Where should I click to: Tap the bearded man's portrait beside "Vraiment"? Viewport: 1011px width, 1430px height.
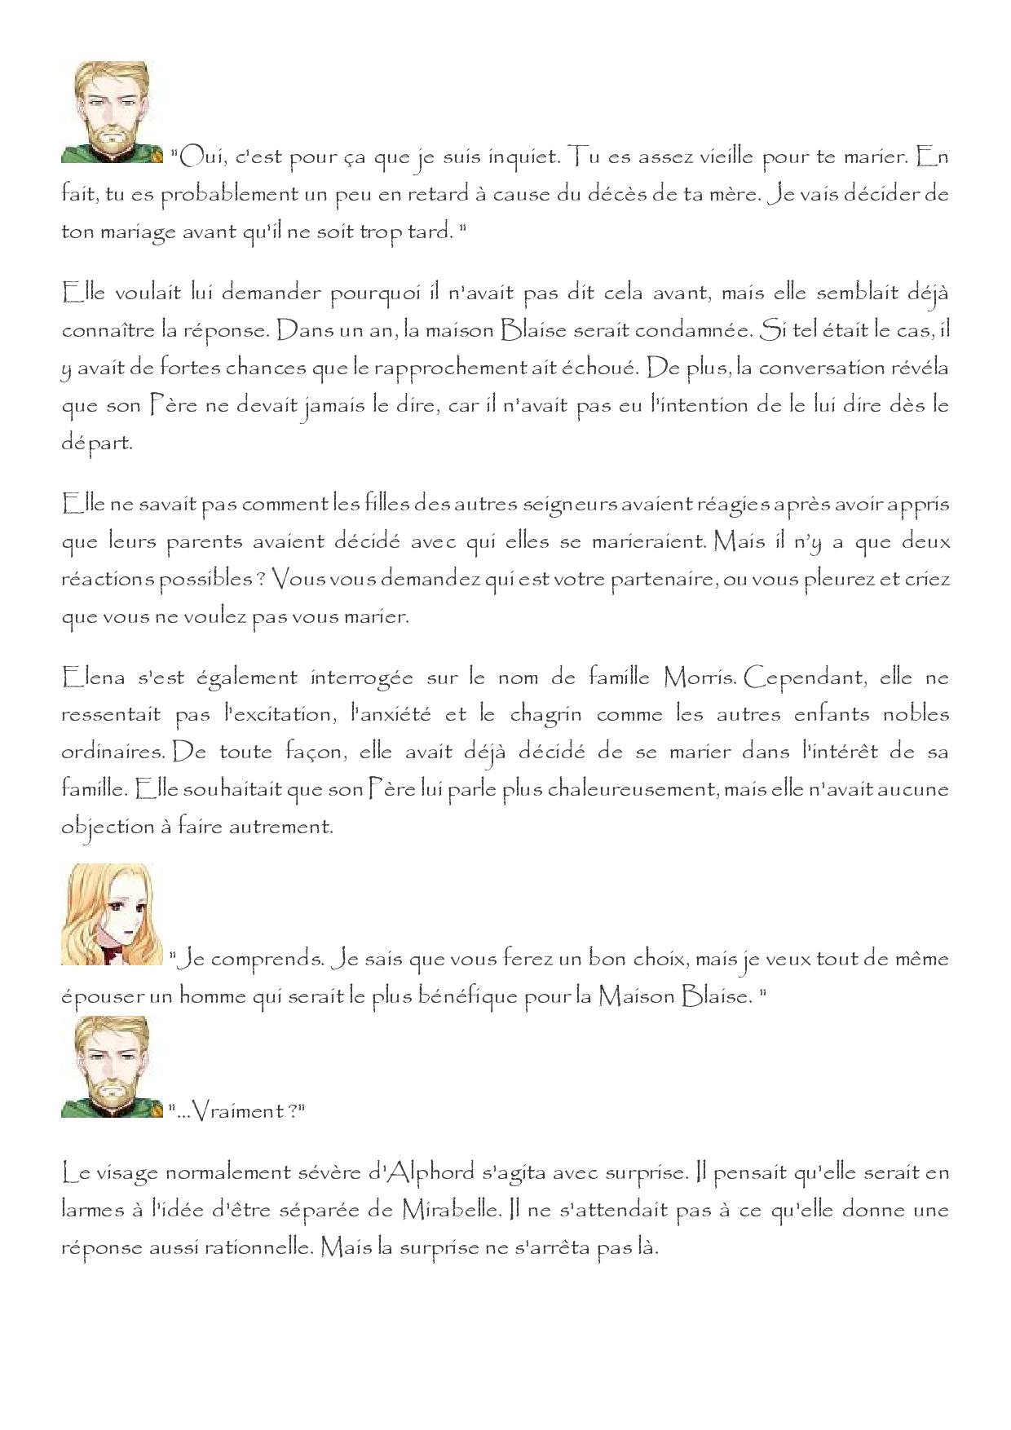pyautogui.click(x=112, y=1067)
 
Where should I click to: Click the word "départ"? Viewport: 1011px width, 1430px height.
pyautogui.click(x=97, y=444)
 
